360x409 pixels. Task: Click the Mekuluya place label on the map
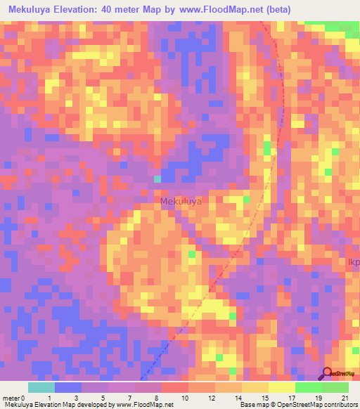(x=181, y=202)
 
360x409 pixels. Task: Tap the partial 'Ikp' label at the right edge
(x=353, y=263)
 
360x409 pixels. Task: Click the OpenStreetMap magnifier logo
(x=328, y=372)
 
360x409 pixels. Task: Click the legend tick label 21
(x=345, y=398)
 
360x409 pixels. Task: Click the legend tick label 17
(x=291, y=398)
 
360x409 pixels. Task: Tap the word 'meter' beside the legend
(x=11, y=398)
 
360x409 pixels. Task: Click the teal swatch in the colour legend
(x=41, y=387)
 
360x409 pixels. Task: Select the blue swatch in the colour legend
(x=68, y=387)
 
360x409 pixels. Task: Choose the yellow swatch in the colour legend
(x=255, y=387)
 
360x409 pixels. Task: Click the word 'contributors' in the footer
(x=336, y=405)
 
